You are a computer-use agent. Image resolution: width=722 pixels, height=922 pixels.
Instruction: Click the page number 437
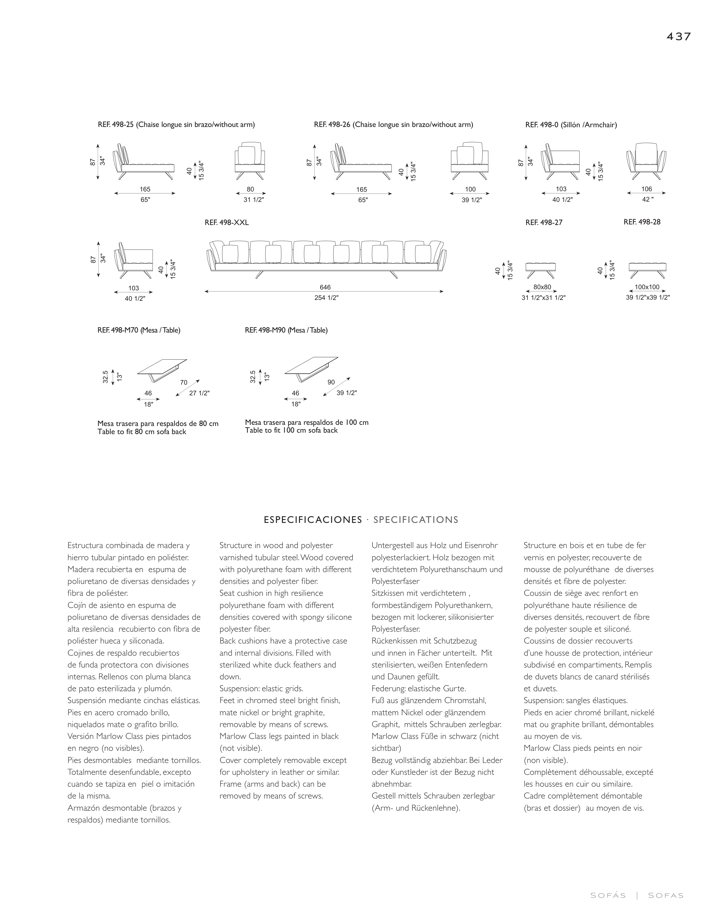coord(678,37)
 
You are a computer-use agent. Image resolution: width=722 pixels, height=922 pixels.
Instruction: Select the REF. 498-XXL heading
coord(227,222)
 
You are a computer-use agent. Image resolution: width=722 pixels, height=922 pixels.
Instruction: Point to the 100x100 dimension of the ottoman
coord(647,287)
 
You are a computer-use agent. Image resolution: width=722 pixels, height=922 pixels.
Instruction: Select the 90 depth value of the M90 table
coord(331,382)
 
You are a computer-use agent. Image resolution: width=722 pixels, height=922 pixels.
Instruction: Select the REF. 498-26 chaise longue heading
coord(393,125)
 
